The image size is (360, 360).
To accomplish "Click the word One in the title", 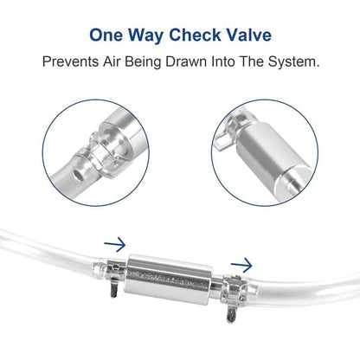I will (x=108, y=37).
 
